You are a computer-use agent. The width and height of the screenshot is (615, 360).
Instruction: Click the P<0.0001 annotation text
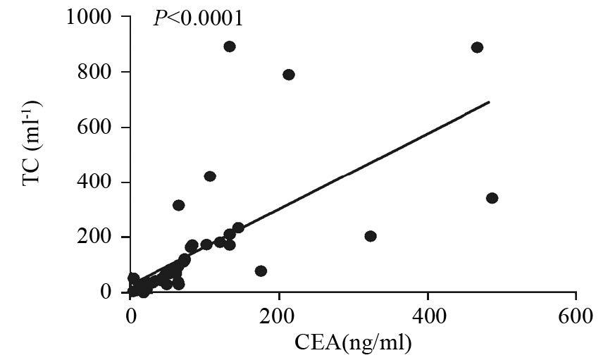(x=198, y=18)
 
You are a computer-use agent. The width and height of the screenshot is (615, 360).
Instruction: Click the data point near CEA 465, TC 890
(x=477, y=47)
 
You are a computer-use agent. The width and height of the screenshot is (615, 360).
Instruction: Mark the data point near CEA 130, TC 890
(x=229, y=46)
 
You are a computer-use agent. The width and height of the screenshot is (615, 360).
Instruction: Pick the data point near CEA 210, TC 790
(x=288, y=75)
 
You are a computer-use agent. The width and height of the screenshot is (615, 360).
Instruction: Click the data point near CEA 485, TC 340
(x=492, y=198)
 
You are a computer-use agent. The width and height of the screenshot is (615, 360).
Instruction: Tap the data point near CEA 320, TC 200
(x=370, y=236)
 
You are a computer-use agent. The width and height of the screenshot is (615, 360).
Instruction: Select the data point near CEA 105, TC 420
(x=209, y=176)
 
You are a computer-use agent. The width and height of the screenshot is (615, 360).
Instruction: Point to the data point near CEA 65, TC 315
(x=179, y=205)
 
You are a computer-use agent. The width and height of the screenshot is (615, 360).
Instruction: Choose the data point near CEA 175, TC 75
(x=261, y=271)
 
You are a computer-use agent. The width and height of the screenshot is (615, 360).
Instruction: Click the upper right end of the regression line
(x=488, y=102)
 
